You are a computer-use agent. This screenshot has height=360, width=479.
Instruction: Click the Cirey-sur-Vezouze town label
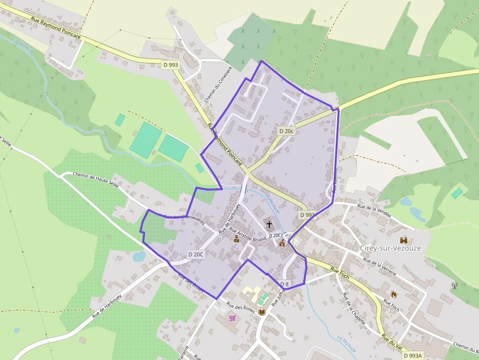tap(390, 248)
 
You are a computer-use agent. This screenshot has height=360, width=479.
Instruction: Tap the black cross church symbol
tap(269, 224)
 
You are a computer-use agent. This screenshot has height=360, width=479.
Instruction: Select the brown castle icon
tap(404, 240)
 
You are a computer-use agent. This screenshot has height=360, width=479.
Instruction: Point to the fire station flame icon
tap(394, 294)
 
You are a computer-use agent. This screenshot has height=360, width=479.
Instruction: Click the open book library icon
tap(262, 312)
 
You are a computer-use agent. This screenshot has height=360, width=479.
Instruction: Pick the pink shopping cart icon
tap(232, 318)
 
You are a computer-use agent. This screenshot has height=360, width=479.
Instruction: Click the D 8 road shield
tap(284, 284)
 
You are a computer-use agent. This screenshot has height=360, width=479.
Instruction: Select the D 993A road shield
tap(413, 356)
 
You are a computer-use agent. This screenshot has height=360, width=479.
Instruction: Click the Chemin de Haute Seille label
tap(96, 181)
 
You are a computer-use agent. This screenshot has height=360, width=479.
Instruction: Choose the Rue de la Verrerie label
tap(379, 268)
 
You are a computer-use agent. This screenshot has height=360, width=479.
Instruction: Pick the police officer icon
tap(237, 239)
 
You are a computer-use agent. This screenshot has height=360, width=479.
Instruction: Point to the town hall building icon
tap(282, 243)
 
